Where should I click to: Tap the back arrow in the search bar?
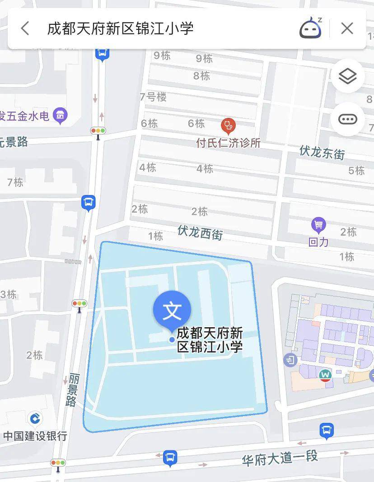coord(25,28)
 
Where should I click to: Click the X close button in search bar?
coord(347,28)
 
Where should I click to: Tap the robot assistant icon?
coord(311,28)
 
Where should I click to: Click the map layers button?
coord(347,76)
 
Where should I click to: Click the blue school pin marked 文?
coord(172,311)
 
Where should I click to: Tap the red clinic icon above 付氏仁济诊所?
coord(228,125)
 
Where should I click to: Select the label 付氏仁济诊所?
coord(228,143)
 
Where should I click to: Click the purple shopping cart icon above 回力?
coord(318,224)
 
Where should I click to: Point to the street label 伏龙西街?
coord(200,232)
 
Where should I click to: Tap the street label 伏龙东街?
coord(322,153)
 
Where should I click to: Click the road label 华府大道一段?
coord(280,458)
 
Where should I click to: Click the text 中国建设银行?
coord(35,436)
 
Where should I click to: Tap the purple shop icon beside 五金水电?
coord(60,115)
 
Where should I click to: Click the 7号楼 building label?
coord(153,97)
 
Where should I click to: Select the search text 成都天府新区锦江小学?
coord(120,28)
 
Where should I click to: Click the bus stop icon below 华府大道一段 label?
coord(170,457)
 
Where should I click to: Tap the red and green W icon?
coord(325,375)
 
